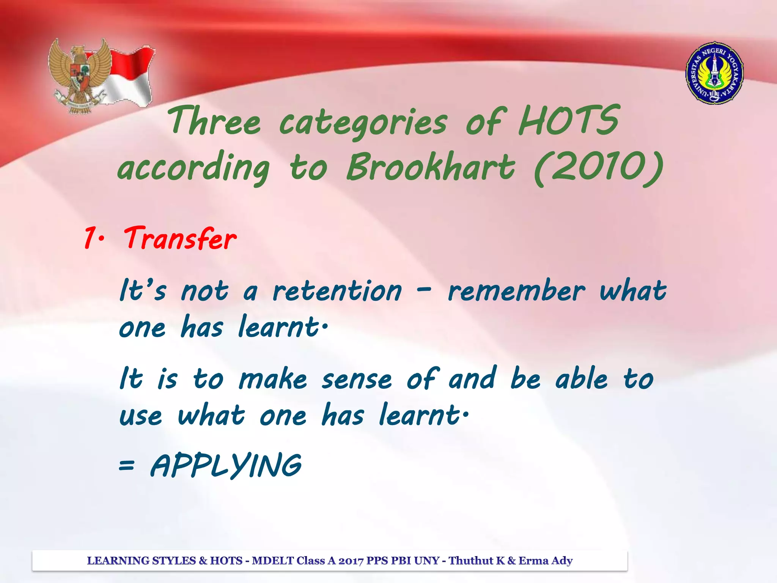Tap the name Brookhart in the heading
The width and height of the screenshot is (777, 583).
431,167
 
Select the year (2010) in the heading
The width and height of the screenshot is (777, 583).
598,167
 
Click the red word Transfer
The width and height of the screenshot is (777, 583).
180,238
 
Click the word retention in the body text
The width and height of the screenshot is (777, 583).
337,291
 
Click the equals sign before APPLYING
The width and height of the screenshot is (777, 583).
126,465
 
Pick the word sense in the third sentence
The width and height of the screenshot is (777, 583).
357,380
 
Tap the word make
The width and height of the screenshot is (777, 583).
273,380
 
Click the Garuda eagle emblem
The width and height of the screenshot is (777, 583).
78,76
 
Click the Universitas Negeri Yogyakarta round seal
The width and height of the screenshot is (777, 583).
714,73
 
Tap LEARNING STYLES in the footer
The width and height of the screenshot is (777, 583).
141,561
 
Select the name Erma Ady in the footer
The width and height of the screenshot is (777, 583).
546,561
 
